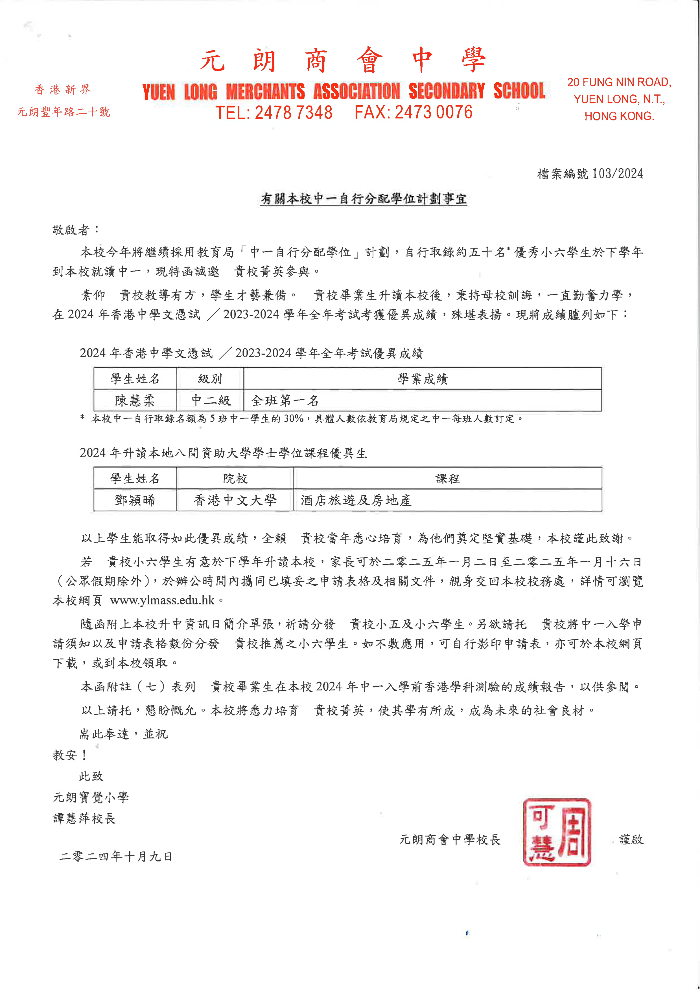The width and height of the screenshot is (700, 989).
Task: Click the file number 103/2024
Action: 617,174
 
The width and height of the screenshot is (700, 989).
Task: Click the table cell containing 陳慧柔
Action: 135,401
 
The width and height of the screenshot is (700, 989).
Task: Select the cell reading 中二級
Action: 210,401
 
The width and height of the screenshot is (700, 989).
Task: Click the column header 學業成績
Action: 423,379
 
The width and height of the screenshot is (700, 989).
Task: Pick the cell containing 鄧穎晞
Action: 135,500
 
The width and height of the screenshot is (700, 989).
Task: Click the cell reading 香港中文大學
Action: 235,500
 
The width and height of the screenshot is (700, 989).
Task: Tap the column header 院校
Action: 235,478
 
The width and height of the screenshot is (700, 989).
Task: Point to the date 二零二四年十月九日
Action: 115,856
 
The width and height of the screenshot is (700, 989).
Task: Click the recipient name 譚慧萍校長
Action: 84,818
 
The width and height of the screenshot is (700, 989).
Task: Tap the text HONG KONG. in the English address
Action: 619,116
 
